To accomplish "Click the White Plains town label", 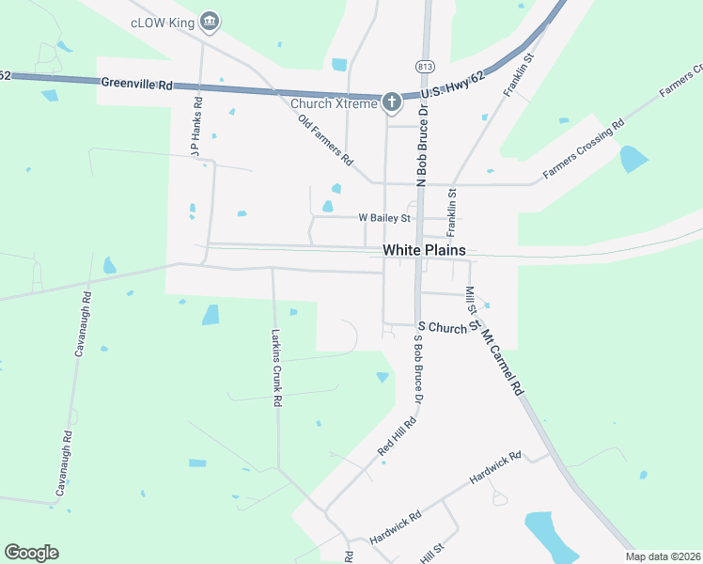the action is pyautogui.click(x=423, y=250).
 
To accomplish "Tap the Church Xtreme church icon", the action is pyautogui.click(x=392, y=102).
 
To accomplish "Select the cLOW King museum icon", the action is pyautogui.click(x=210, y=20).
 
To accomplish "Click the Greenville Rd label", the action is pyautogui.click(x=136, y=85).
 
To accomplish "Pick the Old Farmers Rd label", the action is pyautogui.click(x=324, y=141).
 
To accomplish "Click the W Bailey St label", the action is pyautogui.click(x=384, y=218).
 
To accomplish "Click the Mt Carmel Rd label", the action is pyautogui.click(x=503, y=361).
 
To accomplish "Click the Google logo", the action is pyautogui.click(x=31, y=553).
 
